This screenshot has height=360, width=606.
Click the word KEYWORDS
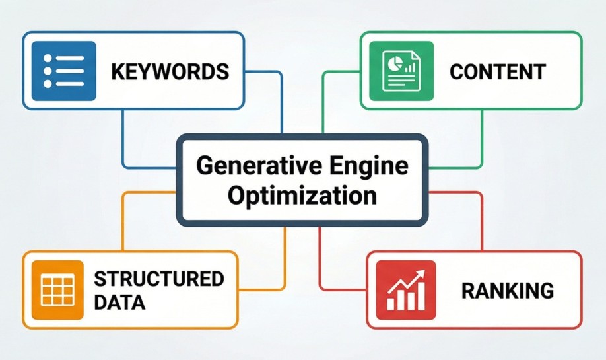[x=170, y=71]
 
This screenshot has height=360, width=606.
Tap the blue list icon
[x=64, y=71]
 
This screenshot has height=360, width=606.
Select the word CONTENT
[x=498, y=71]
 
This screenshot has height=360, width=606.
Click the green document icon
[x=401, y=71]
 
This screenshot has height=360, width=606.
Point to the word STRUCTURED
[x=159, y=279]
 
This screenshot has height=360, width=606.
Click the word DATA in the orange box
[x=119, y=303]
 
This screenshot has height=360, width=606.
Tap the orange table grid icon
[x=57, y=290]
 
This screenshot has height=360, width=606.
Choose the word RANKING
[x=508, y=291]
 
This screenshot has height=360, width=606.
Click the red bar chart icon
[x=406, y=290]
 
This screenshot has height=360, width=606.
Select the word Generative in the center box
[x=259, y=166]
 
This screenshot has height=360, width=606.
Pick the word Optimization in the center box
[x=302, y=196]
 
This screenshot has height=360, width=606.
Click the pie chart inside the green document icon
[x=395, y=62]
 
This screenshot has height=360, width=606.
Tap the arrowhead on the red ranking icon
[x=421, y=273]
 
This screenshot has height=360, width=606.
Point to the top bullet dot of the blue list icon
[x=48, y=58]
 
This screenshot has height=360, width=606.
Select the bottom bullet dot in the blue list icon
[x=48, y=83]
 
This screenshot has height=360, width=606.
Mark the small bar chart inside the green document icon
[x=409, y=68]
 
